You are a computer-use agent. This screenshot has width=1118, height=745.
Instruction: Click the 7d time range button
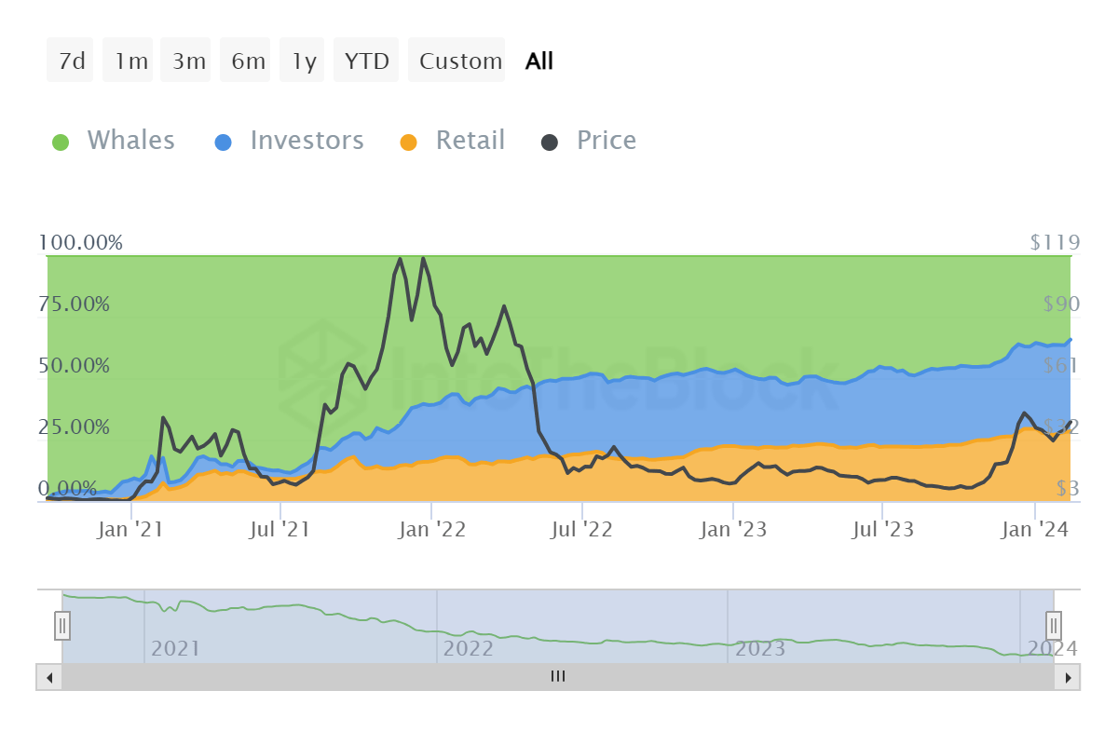click(x=71, y=61)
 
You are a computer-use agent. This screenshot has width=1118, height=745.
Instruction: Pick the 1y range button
click(x=304, y=61)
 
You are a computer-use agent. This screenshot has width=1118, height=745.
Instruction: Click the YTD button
click(x=366, y=61)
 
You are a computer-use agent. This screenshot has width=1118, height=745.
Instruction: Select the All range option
click(x=539, y=61)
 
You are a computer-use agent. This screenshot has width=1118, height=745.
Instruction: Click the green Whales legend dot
click(x=61, y=142)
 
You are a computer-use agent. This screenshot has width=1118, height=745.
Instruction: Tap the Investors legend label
click(x=307, y=141)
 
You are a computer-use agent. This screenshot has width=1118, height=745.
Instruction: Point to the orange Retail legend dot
click(x=408, y=142)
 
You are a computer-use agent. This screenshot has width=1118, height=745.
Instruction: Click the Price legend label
click(x=607, y=141)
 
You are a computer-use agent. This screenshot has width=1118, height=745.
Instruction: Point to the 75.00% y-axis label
click(x=75, y=305)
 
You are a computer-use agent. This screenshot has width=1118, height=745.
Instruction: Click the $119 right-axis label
click(x=1055, y=243)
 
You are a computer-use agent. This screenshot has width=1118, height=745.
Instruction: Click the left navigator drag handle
click(x=62, y=624)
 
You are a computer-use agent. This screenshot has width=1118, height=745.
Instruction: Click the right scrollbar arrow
click(x=1068, y=677)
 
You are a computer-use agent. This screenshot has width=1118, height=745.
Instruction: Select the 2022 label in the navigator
click(x=468, y=648)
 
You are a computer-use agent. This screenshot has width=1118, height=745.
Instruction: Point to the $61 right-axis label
click(x=1059, y=365)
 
